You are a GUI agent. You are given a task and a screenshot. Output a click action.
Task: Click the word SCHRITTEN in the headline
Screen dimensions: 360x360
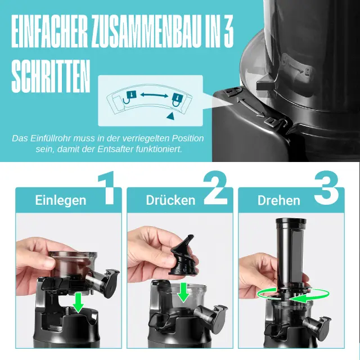point(51,76)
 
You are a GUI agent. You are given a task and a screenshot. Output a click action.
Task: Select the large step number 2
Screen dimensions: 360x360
point(215,187)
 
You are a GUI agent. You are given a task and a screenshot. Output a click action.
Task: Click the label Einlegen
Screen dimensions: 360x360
point(61,200)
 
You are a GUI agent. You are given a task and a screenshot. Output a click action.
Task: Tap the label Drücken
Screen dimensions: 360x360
point(170,200)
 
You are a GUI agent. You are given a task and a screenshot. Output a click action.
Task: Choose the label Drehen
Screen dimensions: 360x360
point(279,200)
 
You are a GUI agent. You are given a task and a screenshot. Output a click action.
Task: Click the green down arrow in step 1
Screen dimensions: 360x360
point(78,303)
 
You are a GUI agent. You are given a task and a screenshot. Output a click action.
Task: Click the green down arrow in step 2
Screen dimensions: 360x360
point(183,292)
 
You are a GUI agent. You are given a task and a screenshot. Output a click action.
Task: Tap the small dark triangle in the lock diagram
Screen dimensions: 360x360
point(170,116)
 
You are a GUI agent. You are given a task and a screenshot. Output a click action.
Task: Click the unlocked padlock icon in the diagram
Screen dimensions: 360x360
point(130,97)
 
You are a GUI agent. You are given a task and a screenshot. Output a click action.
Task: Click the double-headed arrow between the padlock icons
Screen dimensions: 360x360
point(154,95)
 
